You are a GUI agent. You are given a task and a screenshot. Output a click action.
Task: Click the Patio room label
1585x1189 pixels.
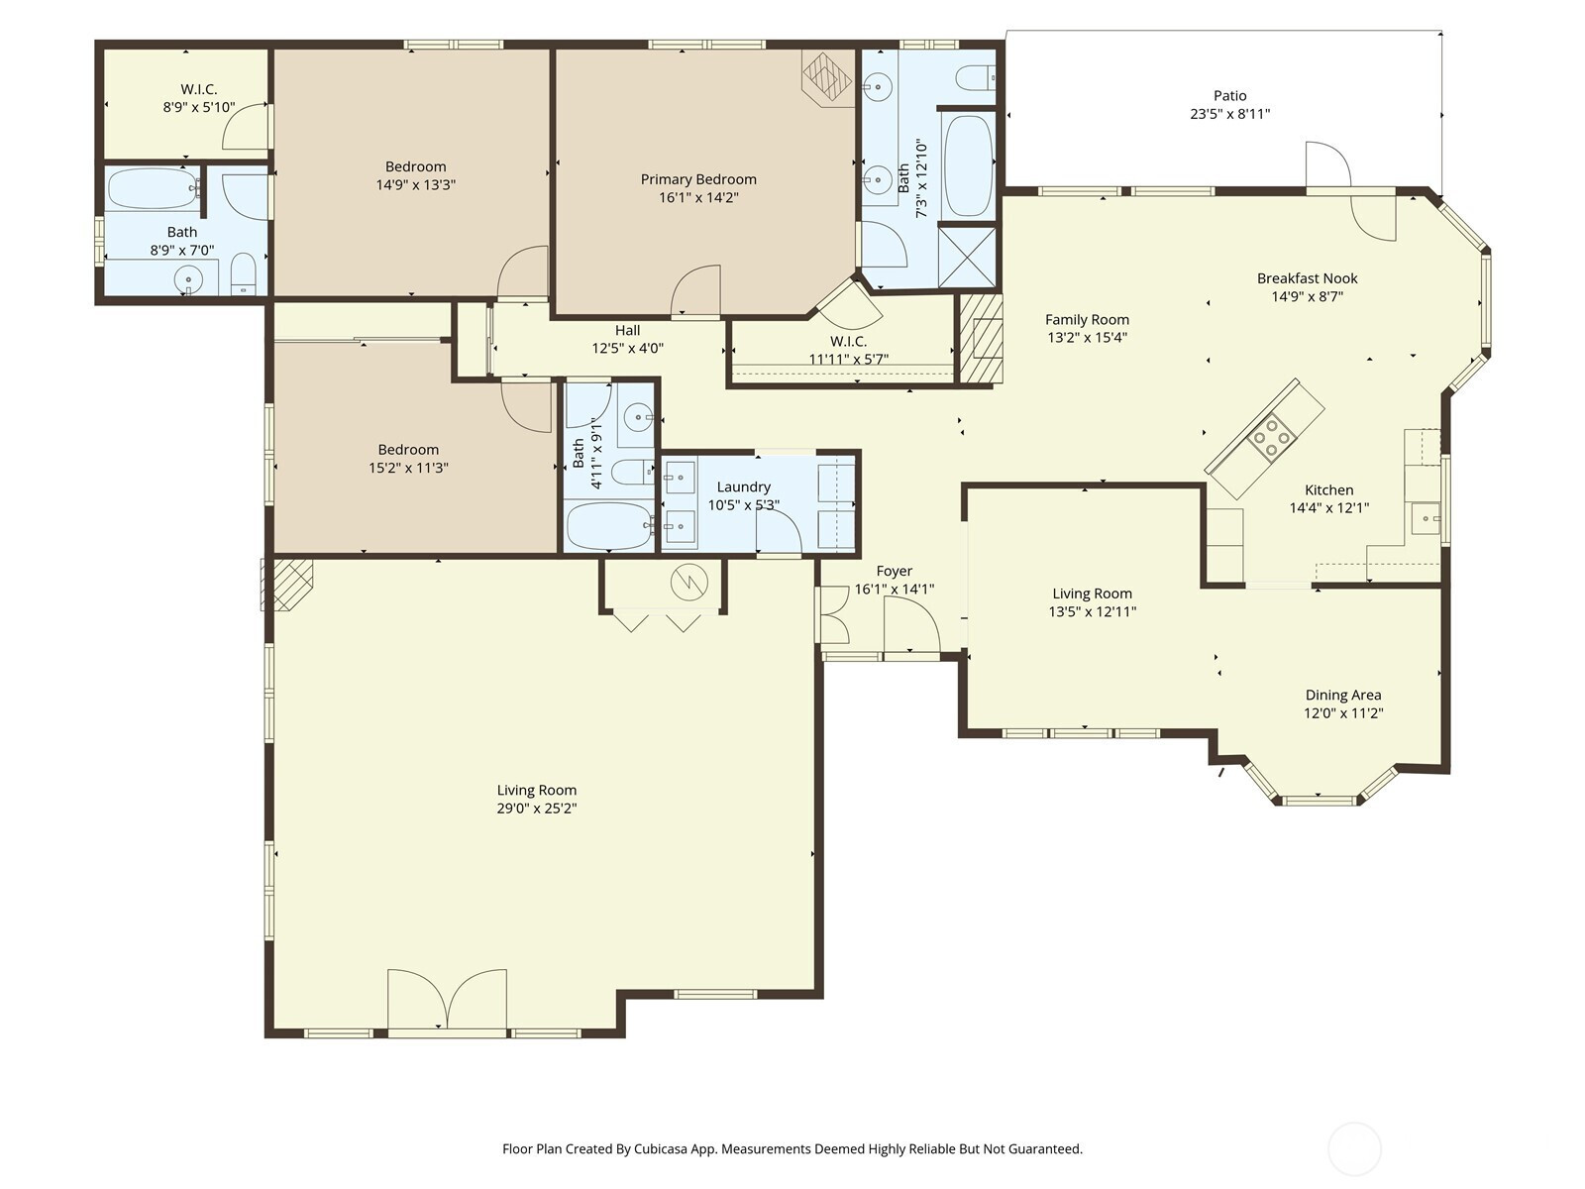tap(1229, 95)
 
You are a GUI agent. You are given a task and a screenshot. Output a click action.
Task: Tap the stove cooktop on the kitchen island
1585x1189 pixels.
tap(1272, 438)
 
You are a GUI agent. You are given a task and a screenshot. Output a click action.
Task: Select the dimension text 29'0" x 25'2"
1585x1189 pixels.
tap(537, 808)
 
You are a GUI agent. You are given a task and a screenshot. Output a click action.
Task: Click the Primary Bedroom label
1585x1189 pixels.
tap(698, 179)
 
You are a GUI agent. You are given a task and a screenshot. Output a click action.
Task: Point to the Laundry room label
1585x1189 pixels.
tap(744, 487)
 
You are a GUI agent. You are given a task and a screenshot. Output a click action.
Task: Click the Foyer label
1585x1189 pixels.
tap(894, 571)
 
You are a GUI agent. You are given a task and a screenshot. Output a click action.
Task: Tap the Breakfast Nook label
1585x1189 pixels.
tap(1307, 278)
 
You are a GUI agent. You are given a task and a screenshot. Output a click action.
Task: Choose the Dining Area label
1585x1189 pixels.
tap(1343, 696)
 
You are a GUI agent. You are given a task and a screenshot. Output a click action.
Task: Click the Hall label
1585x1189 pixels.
tap(627, 330)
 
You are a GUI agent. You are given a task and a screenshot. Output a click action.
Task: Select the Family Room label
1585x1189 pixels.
tap(1087, 320)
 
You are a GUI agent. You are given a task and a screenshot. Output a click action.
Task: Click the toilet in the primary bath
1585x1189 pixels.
tap(977, 77)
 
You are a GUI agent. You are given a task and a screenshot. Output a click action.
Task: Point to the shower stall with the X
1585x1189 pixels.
tap(967, 256)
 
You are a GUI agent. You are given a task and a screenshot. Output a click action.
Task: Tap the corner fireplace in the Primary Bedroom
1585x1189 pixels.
tap(827, 77)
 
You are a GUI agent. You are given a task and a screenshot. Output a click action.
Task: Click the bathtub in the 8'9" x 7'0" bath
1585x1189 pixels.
tap(154, 188)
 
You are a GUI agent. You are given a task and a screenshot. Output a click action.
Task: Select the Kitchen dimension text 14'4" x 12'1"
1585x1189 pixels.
tap(1328, 507)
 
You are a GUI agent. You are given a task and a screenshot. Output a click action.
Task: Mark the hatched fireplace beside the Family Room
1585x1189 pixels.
tap(980, 339)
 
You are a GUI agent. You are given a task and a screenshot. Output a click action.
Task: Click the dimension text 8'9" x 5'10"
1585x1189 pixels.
tap(198, 108)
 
